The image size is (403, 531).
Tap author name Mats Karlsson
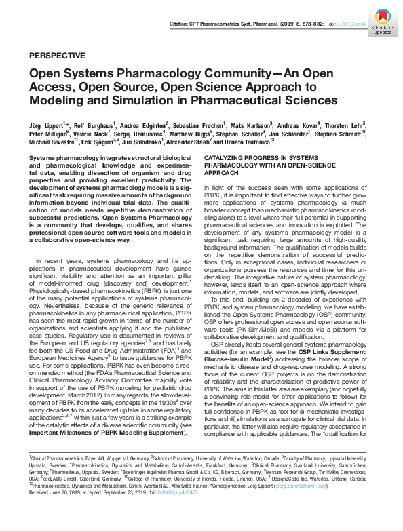[x=249, y=125]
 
